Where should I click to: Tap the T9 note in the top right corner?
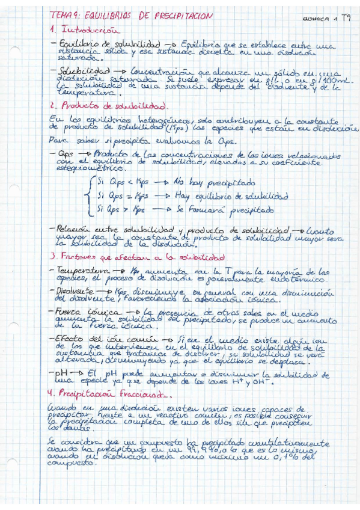click(346, 18)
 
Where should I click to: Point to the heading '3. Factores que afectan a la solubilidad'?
click(129, 257)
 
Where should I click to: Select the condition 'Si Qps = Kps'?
click(118, 197)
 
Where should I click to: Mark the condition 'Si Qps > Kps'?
click(118, 210)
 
